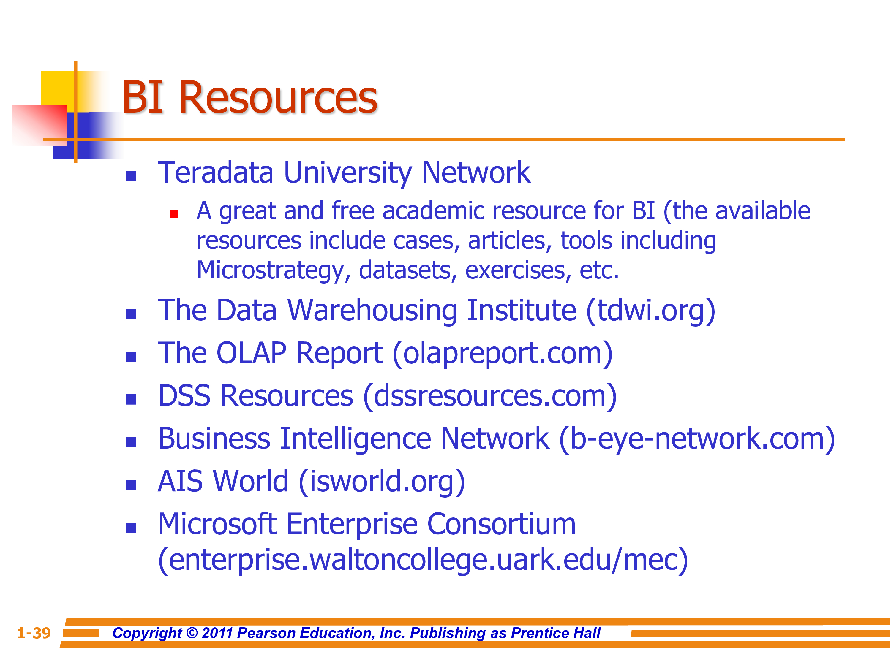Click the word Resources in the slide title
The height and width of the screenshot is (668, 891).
point(278,97)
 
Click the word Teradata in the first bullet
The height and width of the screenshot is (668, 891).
point(216,172)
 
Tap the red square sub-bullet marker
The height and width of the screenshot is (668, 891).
point(174,214)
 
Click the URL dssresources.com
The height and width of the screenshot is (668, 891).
point(490,396)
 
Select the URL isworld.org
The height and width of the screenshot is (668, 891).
point(382,481)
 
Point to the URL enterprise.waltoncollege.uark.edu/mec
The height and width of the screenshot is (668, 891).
point(423,560)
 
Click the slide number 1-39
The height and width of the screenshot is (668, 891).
point(34,633)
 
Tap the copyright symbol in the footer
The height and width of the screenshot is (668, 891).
point(192,633)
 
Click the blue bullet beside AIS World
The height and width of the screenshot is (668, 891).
point(130,485)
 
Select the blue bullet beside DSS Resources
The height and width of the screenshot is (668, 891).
point(130,399)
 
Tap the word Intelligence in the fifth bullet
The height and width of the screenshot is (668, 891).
point(355,439)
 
